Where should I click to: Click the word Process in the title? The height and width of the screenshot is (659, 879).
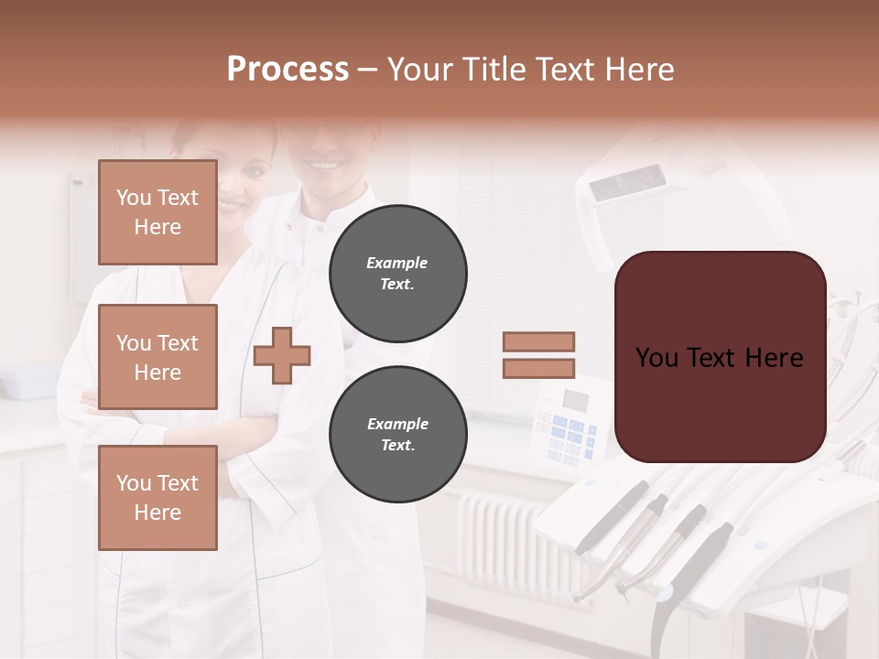coord(288,70)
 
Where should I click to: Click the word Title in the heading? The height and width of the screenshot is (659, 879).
coord(496,70)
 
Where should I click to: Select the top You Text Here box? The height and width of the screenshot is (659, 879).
coord(157,212)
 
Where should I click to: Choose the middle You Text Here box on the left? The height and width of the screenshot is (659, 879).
coord(157,357)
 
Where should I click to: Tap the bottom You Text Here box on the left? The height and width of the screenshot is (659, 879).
coord(157,498)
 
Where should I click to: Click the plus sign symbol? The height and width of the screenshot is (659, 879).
coord(282,355)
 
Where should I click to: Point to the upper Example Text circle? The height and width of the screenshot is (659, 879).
coord(397,274)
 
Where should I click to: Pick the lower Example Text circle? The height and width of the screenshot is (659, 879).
coord(397,435)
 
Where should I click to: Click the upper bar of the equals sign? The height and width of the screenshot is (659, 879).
coord(539,341)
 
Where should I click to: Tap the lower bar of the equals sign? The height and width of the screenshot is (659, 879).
coord(539,368)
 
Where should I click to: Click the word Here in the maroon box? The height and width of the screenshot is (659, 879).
coord(774,358)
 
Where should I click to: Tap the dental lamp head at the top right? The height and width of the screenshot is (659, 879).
coord(632,188)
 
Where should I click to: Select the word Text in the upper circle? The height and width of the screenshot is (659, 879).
coord(396,285)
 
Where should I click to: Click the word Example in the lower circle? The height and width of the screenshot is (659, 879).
coord(397,424)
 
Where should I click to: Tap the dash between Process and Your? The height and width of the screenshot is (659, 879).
coord(368,70)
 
